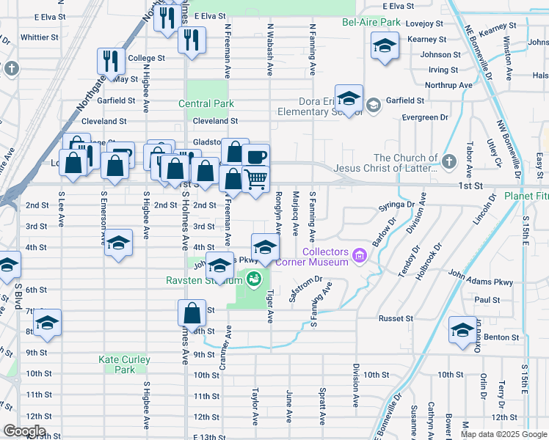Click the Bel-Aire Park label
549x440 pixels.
[x=371, y=22]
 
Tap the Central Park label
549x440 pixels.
[x=206, y=104]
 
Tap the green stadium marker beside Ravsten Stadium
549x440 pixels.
[x=254, y=279]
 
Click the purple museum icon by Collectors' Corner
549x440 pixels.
[x=359, y=255]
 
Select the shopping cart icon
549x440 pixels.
[x=255, y=178]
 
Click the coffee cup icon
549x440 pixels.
[x=255, y=156]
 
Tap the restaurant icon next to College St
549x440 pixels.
[x=112, y=60]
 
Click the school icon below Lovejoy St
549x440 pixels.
[x=383, y=48]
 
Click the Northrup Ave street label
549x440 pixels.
[x=451, y=85]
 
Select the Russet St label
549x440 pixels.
[x=396, y=319]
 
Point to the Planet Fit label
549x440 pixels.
[x=526, y=197]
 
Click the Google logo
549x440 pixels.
[x=25, y=431]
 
